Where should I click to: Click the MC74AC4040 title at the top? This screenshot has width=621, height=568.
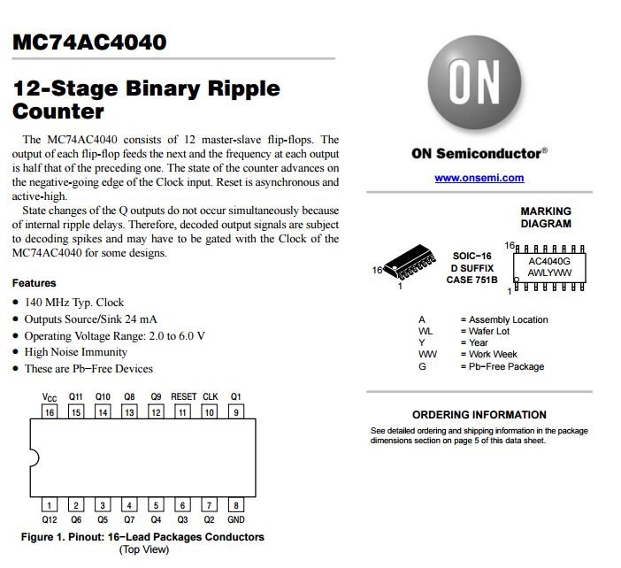[89, 42]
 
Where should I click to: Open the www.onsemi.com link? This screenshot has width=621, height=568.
[479, 178]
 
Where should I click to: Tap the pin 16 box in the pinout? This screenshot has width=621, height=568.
[50, 412]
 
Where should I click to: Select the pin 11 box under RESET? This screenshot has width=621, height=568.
[183, 412]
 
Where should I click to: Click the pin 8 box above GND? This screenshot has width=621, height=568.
[236, 505]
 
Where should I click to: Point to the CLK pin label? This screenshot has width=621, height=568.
[211, 397]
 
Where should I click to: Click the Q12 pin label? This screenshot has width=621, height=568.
[50, 520]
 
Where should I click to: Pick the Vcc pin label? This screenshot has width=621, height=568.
[50, 397]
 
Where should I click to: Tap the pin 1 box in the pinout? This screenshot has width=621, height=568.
[50, 505]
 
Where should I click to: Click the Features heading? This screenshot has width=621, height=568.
[34, 283]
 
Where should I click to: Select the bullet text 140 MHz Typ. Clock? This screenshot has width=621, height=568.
[74, 303]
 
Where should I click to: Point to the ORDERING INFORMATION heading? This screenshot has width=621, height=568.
[479, 415]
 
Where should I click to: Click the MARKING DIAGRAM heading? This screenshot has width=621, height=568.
[546, 218]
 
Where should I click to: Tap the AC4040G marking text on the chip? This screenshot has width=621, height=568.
[549, 262]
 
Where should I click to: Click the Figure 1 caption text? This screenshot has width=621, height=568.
[142, 537]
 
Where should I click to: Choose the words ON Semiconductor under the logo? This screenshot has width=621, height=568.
[476, 153]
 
